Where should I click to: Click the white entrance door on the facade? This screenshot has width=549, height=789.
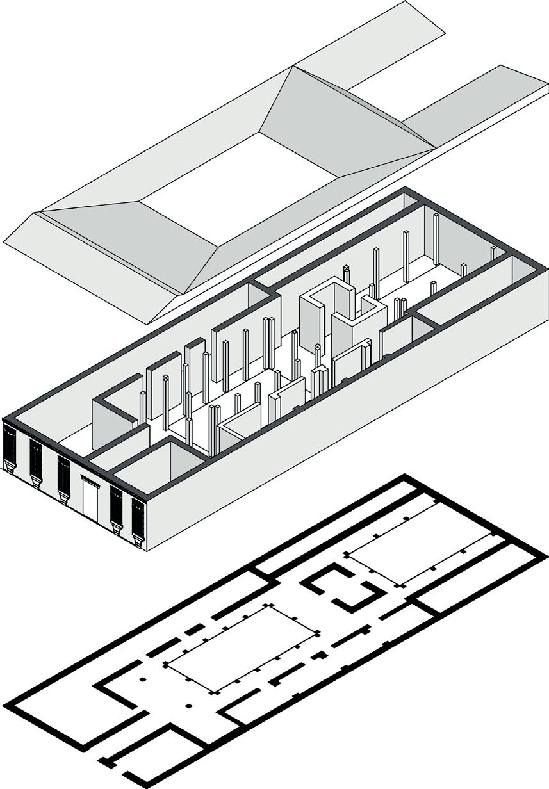[x=90, y=498]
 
